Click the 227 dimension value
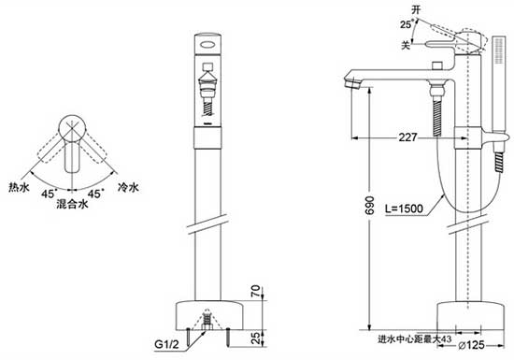pyautogui.click(x=407, y=137)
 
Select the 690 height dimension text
pyautogui.click(x=370, y=206)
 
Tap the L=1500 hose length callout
pyautogui.click(x=404, y=209)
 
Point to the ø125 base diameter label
pyautogui.click(x=471, y=345)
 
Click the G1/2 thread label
pyautogui.click(x=167, y=344)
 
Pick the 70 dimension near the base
pyautogui.click(x=256, y=292)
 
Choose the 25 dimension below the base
pyautogui.click(x=256, y=338)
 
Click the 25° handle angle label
pyautogui.click(x=407, y=24)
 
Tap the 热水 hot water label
pyautogui.click(x=19, y=188)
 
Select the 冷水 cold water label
pyautogui.click(x=128, y=188)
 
